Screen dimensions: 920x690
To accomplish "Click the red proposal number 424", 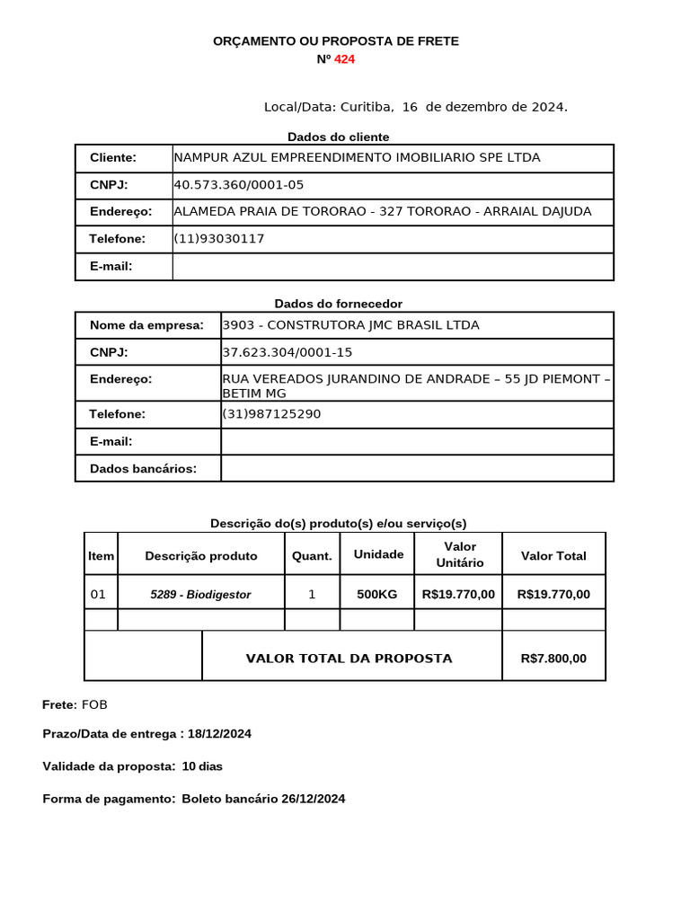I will click(x=344, y=59).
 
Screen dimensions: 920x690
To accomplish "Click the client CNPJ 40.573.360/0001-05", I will click(x=238, y=185).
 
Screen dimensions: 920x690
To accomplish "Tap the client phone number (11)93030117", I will click(x=218, y=239).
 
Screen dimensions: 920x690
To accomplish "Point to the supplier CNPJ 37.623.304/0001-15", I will click(x=287, y=352).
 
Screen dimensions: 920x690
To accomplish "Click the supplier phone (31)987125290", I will click(x=270, y=414).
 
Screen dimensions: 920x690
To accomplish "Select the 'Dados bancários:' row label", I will click(x=143, y=468).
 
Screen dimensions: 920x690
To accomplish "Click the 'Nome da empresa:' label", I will click(x=146, y=325).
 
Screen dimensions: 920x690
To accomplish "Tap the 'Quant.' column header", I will click(x=312, y=556).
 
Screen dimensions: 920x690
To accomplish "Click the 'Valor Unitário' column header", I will click(x=460, y=554).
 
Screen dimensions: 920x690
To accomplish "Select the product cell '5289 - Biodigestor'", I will click(x=200, y=595).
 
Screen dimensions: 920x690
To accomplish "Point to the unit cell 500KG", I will click(x=377, y=595).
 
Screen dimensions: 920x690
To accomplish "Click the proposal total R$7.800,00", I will click(x=553, y=659).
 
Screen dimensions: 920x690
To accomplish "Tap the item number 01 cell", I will click(x=99, y=595).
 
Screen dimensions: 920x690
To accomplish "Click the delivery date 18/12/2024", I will click(x=219, y=734).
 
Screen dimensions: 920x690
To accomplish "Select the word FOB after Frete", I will click(x=94, y=704).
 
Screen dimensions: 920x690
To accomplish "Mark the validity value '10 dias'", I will click(x=202, y=766).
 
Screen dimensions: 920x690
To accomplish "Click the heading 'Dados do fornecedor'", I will click(x=338, y=304).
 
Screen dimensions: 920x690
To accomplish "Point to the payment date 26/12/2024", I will click(x=313, y=799).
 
